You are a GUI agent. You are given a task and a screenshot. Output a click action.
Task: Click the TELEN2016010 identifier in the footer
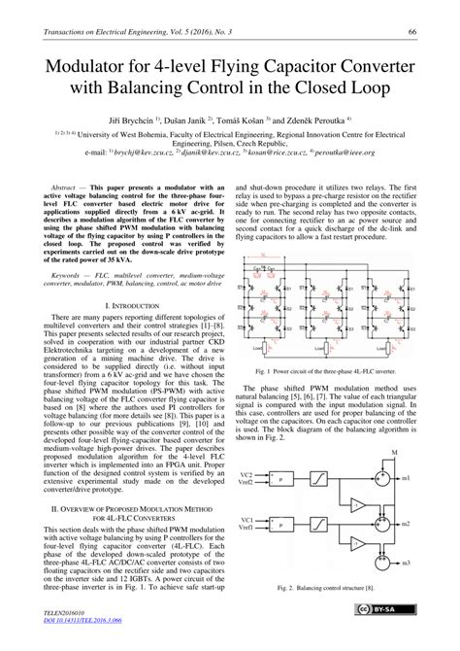pos(63,629)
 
